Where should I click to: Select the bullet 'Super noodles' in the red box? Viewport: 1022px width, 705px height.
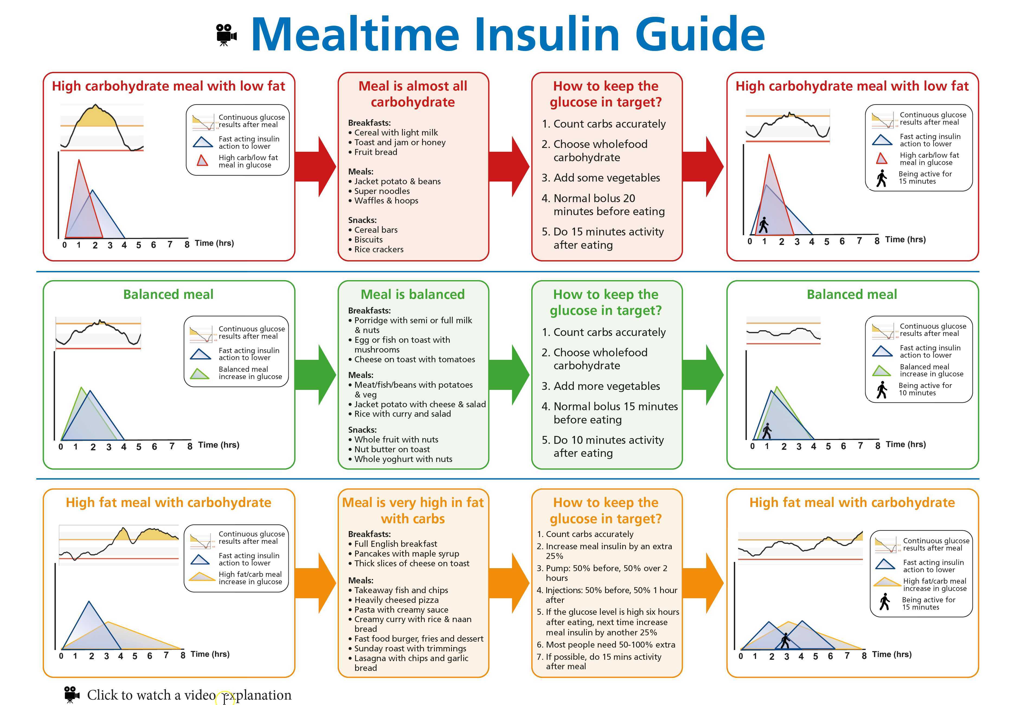(x=382, y=191)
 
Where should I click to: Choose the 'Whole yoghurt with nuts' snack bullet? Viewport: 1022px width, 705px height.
(x=403, y=459)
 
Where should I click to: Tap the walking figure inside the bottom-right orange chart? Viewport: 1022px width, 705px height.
(x=785, y=641)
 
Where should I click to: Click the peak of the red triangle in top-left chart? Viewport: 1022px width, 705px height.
(x=79, y=161)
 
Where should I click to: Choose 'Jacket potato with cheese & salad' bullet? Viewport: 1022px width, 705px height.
(x=420, y=404)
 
